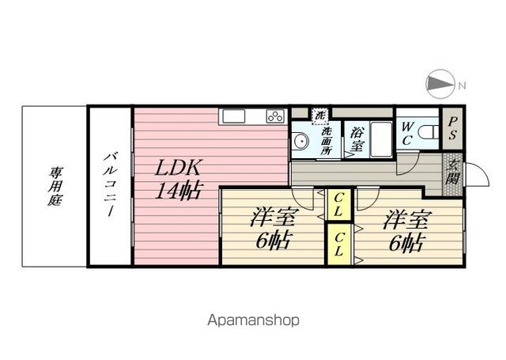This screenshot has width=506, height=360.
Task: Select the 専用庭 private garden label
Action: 56,186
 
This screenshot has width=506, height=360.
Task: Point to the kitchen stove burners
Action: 275,117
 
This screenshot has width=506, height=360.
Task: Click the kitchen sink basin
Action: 235,116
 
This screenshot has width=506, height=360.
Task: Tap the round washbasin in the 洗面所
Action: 300,142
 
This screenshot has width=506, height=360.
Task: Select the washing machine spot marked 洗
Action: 320,115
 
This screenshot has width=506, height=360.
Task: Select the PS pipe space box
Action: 452,128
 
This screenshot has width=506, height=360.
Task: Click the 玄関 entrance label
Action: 453,170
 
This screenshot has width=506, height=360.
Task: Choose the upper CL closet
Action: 338,205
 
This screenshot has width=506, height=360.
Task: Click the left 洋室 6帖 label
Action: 272,228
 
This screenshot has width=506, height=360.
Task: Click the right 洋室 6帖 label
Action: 406,229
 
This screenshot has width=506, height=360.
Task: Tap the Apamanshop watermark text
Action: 253,320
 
